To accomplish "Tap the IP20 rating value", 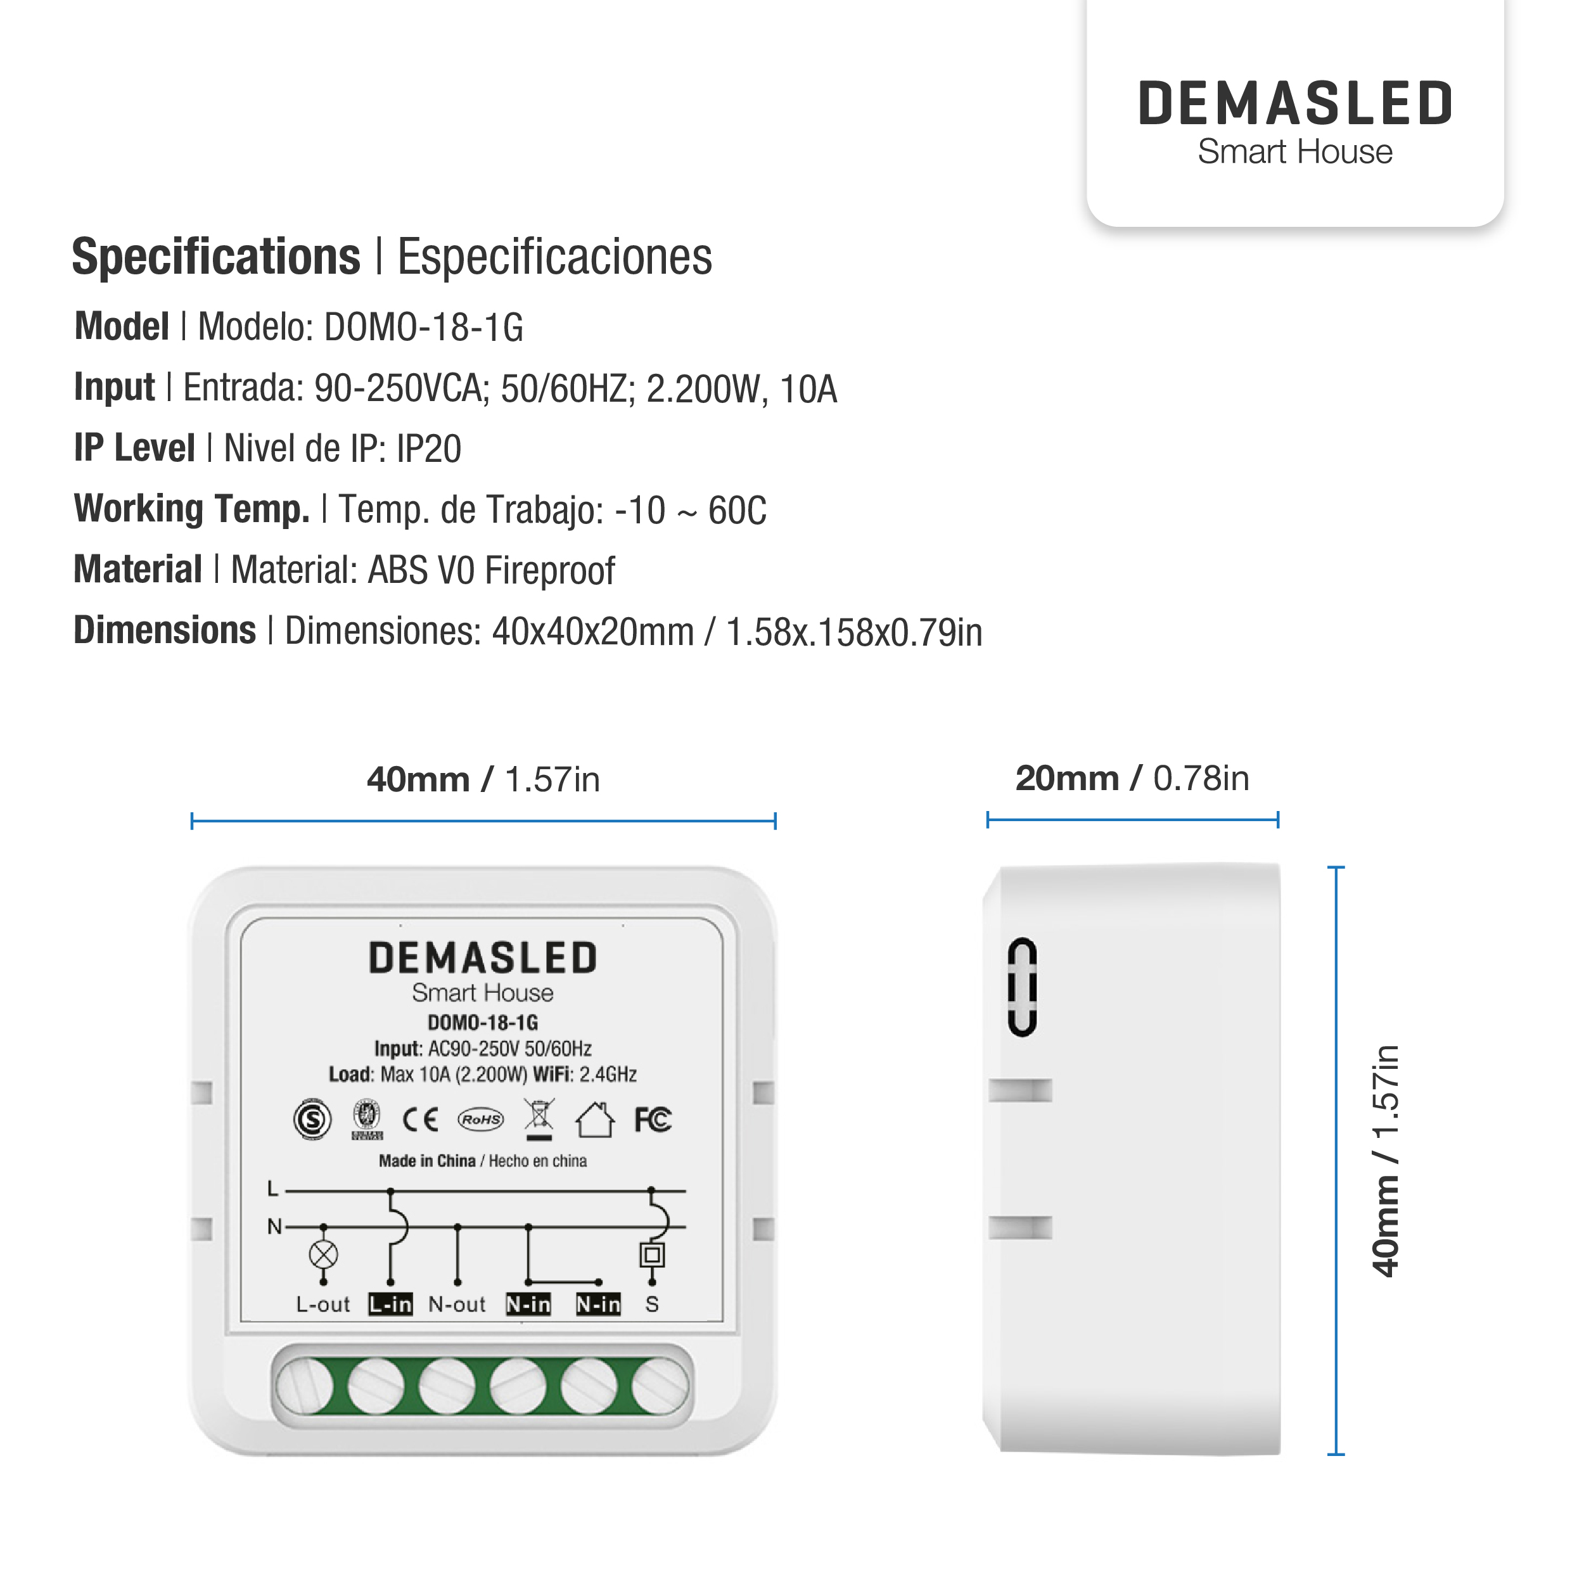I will [x=429, y=449].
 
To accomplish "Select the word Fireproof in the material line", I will [x=549, y=571].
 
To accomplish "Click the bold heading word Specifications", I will [x=215, y=257].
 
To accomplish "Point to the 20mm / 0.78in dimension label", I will [x=1132, y=779].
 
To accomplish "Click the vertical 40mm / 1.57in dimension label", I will [x=1386, y=1160].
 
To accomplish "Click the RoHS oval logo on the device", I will [x=480, y=1119].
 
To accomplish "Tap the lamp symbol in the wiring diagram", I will [x=324, y=1255].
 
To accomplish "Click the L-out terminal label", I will [x=323, y=1305].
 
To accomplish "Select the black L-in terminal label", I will [x=390, y=1305].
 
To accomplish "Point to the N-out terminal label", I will [x=457, y=1305].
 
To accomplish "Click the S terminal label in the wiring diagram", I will [x=652, y=1305].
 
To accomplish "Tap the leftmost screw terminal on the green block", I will [x=304, y=1386].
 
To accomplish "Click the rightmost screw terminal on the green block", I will [x=660, y=1386].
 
